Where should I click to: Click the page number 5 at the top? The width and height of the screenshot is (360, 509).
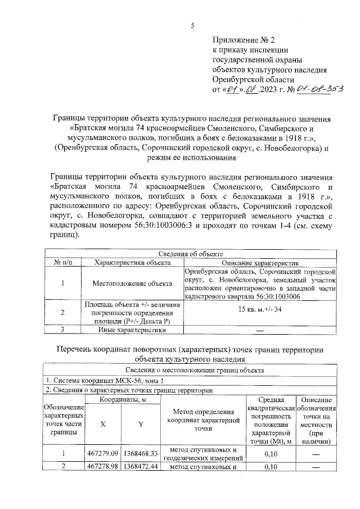tap(193, 25)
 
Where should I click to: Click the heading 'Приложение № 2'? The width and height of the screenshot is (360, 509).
tap(245, 40)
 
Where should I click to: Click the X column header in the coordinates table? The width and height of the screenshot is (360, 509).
tap(102, 425)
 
